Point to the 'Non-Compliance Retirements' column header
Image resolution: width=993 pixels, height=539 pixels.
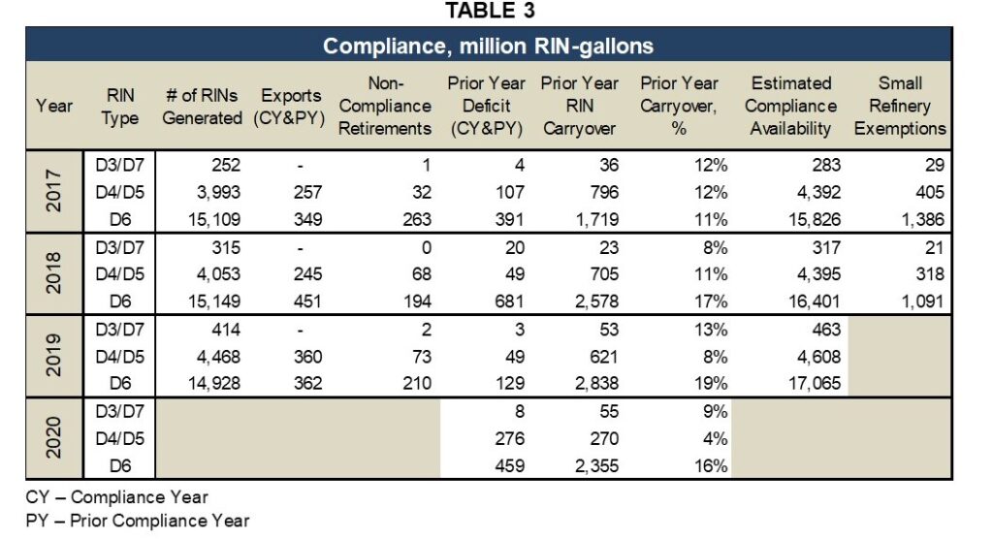[x=387, y=106]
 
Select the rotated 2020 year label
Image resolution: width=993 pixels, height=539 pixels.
[x=49, y=437]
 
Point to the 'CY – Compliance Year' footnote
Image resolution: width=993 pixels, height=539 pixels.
[x=116, y=497]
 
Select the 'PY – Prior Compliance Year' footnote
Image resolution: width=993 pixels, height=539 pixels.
[x=137, y=521]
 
